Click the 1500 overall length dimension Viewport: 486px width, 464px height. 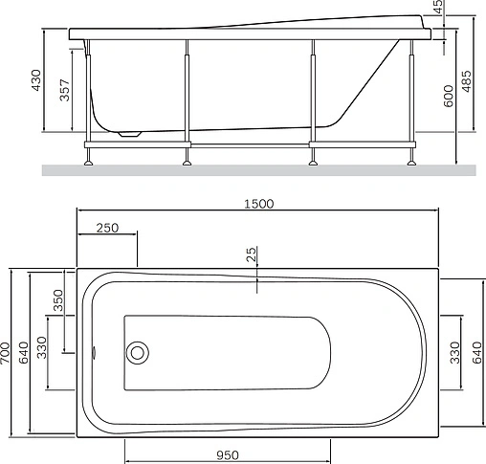tap(259, 204)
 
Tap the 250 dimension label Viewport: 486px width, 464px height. tap(107, 228)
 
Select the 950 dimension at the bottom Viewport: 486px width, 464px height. tap(228, 455)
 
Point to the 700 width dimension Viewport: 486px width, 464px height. tap(5, 353)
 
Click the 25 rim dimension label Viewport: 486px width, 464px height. tap(252, 254)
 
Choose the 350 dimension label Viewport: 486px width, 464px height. tap(58, 300)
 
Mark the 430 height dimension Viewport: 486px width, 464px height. tap(36, 80)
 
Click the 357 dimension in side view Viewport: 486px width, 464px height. tap(64, 90)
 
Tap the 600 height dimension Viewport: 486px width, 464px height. tap(449, 96)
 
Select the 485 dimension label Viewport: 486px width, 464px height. tap(466, 81)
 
